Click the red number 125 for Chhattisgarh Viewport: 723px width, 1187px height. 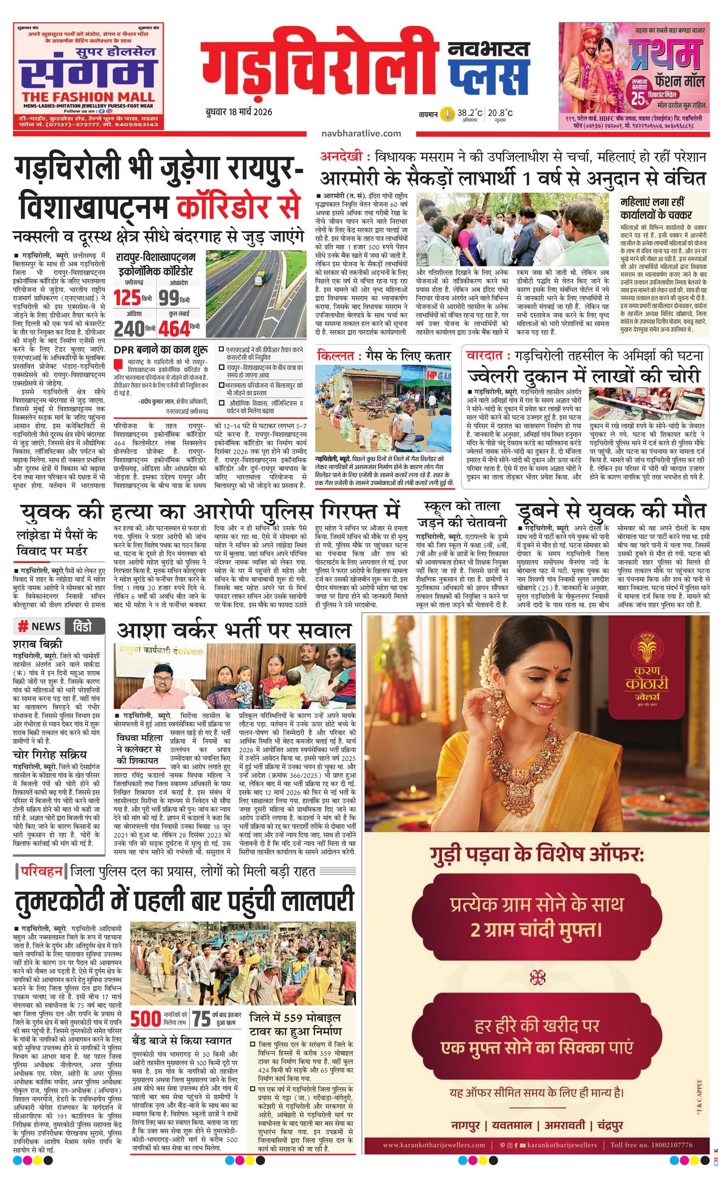(x=127, y=298)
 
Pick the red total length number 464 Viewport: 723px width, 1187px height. (x=174, y=329)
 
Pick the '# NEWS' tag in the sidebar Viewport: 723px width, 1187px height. (x=40, y=626)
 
